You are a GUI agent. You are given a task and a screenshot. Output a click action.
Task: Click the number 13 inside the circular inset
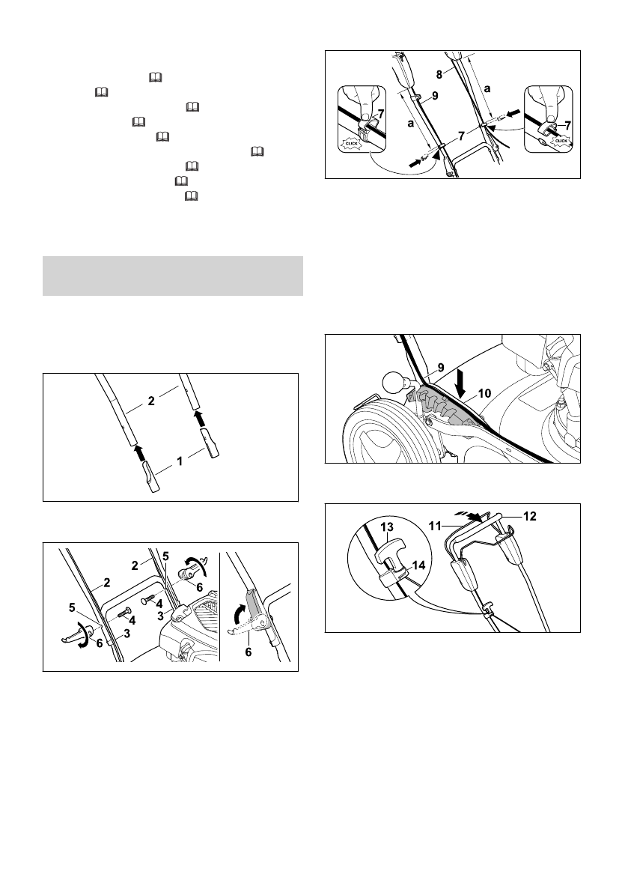coord(388,527)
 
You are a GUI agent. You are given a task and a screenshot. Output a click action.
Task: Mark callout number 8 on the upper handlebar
coord(439,73)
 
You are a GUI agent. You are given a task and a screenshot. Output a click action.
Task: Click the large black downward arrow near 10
coord(461,380)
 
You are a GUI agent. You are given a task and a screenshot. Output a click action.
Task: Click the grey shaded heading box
coord(173,276)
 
